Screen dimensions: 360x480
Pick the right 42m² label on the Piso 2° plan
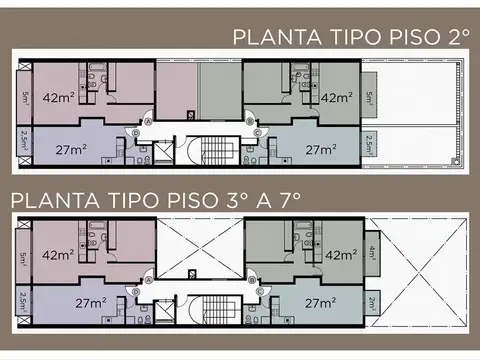336,97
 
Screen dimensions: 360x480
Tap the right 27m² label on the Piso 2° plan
319,150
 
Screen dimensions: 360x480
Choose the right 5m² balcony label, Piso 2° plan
371,98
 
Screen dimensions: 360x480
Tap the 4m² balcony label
371,253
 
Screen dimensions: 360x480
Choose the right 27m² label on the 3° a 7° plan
319,303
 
